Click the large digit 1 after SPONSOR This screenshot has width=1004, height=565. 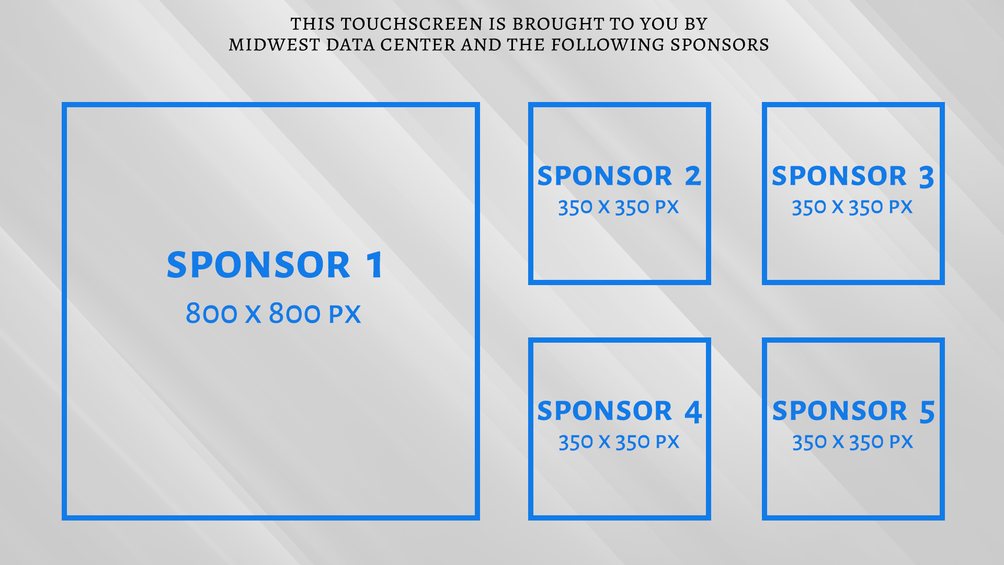(x=375, y=265)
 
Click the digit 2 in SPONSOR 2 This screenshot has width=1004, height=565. (x=693, y=176)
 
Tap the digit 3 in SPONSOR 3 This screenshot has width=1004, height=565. (x=927, y=177)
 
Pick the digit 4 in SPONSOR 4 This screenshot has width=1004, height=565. (x=693, y=412)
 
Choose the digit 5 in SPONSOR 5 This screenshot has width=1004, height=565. (x=927, y=412)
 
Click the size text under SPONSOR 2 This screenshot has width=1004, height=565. (x=619, y=207)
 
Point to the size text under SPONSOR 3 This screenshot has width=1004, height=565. (x=852, y=207)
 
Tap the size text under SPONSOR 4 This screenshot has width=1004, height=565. (x=619, y=442)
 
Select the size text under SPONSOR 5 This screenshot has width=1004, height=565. (x=853, y=442)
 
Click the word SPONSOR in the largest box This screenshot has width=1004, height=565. (x=258, y=265)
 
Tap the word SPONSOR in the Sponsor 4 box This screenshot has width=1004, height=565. (x=604, y=411)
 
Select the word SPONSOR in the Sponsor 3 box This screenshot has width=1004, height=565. (x=839, y=176)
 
